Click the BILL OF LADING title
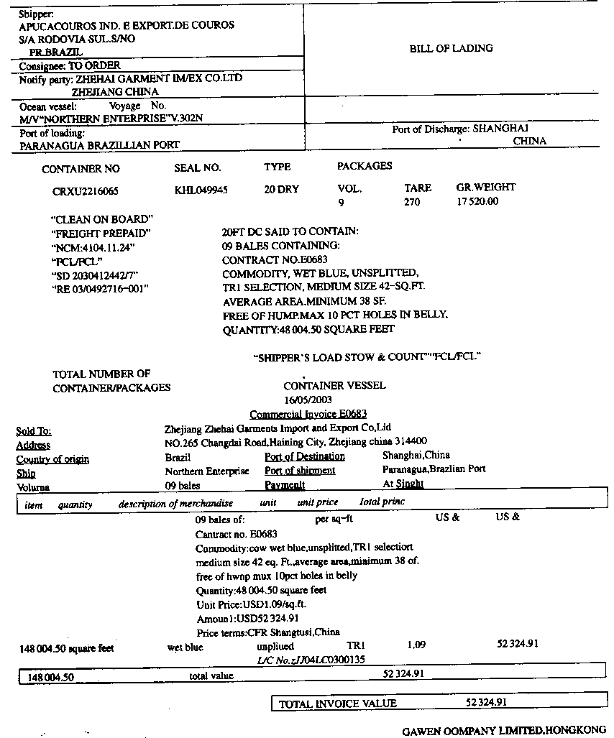coord(451,49)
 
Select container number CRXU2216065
coord(86,192)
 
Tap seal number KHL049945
coord(201,190)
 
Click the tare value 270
coord(411,203)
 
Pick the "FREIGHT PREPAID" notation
coord(101,234)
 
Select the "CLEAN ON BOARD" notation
coord(102,219)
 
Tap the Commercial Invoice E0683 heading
coord(308,414)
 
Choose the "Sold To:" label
coord(34,431)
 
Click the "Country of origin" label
coord(52,459)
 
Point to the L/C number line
coord(311,659)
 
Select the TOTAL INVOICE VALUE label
coord(337,704)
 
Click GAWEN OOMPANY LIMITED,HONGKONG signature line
coord(504,731)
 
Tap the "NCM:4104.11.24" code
coord(93,247)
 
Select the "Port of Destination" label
coord(305,456)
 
